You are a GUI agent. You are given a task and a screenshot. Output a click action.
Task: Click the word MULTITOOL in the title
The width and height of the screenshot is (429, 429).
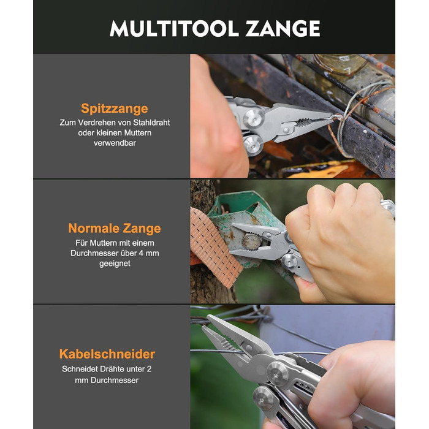[174, 28]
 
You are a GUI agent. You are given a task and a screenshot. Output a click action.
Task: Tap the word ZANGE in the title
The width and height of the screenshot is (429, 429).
[283, 28]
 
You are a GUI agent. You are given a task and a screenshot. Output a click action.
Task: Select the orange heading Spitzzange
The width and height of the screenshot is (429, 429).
[115, 108]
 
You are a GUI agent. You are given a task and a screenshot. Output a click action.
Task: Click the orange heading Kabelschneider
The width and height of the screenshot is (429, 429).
[107, 354]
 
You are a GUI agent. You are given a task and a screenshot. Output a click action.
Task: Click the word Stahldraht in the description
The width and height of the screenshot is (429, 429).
[151, 123]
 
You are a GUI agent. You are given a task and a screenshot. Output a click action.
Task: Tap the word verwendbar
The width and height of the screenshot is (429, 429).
[115, 143]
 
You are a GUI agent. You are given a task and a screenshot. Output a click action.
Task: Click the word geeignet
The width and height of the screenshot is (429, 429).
[115, 264]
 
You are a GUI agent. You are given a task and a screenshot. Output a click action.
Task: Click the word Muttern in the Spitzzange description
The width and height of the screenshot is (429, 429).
[138, 133]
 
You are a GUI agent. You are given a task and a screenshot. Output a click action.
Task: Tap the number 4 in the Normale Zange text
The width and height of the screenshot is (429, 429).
[141, 253]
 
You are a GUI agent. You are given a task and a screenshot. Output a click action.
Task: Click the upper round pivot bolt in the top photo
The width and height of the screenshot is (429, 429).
[254, 118]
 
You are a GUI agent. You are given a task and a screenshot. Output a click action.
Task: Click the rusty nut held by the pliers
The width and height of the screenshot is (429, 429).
[251, 241]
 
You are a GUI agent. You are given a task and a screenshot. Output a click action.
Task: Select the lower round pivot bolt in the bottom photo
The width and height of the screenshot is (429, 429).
[264, 398]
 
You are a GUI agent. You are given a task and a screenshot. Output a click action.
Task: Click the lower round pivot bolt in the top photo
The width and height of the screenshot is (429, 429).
[254, 145]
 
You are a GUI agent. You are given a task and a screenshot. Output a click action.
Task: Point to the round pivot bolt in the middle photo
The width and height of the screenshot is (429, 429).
[289, 261]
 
